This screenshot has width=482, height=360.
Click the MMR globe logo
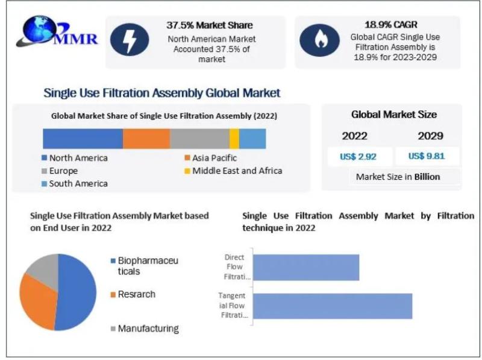pos(57,31)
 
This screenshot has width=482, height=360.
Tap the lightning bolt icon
pos(130,40)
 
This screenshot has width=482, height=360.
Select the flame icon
pos(320,40)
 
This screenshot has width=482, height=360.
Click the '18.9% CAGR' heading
pos(391,25)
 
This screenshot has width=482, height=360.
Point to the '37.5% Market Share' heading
pos(210,25)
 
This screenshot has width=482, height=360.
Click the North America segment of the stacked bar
pos(83,139)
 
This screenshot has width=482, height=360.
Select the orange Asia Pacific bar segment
pos(146,139)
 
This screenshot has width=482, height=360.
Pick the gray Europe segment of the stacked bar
pos(200,139)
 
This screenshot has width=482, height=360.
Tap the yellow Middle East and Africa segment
pos(234,139)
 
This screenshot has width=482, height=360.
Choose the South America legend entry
pos(75,184)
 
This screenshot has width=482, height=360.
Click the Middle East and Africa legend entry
pos(233,171)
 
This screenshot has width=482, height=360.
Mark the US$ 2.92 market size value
pos(358,157)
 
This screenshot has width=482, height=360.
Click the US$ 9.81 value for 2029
pos(427,156)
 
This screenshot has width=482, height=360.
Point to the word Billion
pos(427,177)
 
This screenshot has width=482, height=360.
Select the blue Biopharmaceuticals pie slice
pos(77,292)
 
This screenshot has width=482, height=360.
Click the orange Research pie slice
pos(37,300)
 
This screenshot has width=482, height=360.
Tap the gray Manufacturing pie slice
pos(45,269)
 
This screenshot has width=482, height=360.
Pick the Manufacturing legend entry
pos(145,329)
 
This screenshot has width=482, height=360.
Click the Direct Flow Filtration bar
pos(306,267)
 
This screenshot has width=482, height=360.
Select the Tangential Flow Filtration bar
pos(333,306)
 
